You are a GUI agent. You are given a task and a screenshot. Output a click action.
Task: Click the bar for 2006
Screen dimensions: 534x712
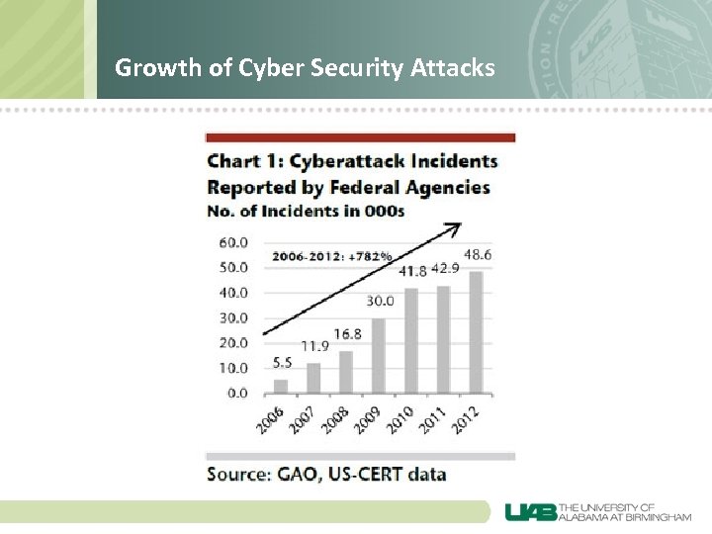(x=281, y=386)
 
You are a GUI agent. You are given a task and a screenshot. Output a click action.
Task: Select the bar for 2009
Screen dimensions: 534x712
(x=378, y=355)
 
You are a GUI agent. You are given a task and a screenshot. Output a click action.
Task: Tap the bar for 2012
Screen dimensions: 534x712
(x=476, y=332)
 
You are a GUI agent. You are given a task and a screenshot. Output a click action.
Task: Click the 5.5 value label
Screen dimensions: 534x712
(x=282, y=363)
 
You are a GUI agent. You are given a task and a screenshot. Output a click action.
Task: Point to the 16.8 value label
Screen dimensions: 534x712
(x=348, y=333)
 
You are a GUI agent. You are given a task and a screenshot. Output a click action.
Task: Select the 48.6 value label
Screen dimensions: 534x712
(x=477, y=254)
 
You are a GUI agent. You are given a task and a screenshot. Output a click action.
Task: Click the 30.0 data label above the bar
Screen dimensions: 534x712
(x=380, y=301)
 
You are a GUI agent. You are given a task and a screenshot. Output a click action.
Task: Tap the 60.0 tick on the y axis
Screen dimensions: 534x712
(x=233, y=242)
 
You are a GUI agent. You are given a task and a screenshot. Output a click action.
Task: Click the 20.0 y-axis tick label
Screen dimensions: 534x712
(x=233, y=343)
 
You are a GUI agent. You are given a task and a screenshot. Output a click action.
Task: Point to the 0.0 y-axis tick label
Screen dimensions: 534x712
(x=237, y=393)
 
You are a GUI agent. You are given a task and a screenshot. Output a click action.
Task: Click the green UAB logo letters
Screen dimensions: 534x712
(x=529, y=512)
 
